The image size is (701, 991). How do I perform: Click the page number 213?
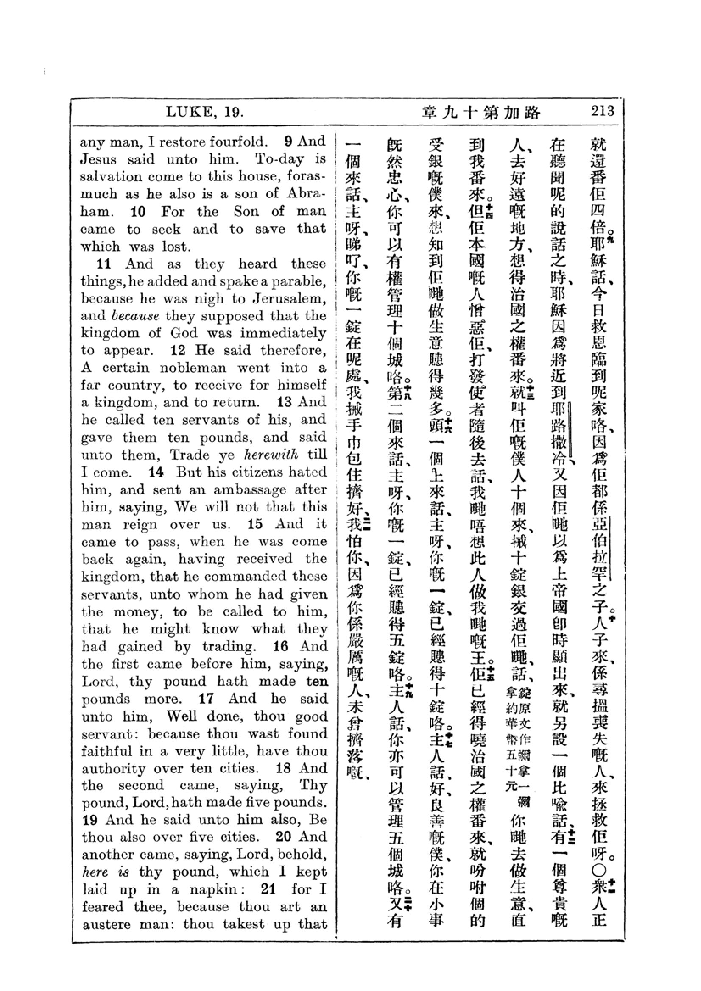coord(603,111)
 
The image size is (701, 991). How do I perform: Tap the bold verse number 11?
coord(104,264)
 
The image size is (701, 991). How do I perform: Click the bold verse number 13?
coord(284,402)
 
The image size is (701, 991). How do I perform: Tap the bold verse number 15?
coord(255,525)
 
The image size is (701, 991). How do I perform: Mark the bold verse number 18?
coord(283,769)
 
